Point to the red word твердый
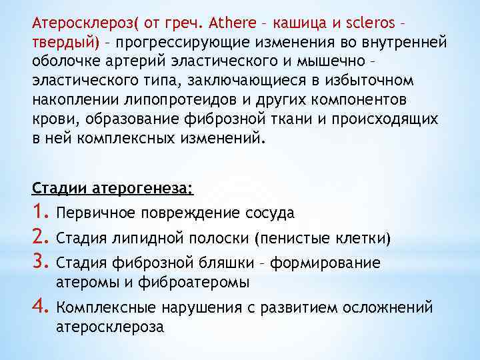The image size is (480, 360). click(x=65, y=43)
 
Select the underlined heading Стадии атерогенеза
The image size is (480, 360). click(x=112, y=189)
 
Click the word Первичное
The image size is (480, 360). click(x=97, y=213)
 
